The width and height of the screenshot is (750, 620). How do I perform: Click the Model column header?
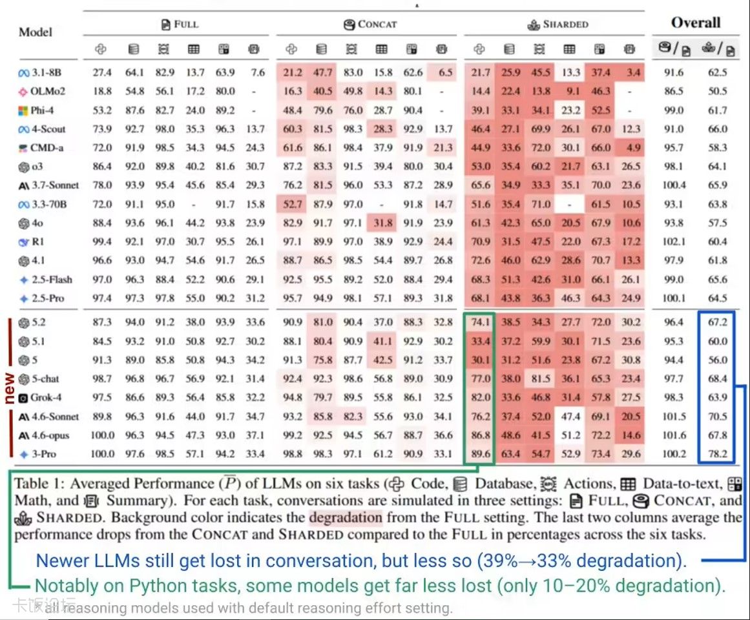(x=36, y=32)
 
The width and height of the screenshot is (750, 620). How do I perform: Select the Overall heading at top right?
(x=695, y=23)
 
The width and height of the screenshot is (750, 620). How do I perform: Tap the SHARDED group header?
(x=558, y=25)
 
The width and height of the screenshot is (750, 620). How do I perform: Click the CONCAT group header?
(x=370, y=25)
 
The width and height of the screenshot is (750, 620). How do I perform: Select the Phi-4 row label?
(x=41, y=110)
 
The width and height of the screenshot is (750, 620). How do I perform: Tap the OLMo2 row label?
(x=42, y=91)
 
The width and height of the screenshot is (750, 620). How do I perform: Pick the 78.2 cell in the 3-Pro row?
(x=717, y=454)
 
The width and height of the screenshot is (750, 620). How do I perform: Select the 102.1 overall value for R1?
(x=674, y=242)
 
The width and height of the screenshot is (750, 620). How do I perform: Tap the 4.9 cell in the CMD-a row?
(x=634, y=147)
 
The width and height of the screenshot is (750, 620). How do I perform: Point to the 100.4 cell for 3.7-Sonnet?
(x=674, y=185)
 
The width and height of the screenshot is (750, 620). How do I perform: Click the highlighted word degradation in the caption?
(x=345, y=518)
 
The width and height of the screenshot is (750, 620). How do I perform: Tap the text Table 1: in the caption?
(x=39, y=484)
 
